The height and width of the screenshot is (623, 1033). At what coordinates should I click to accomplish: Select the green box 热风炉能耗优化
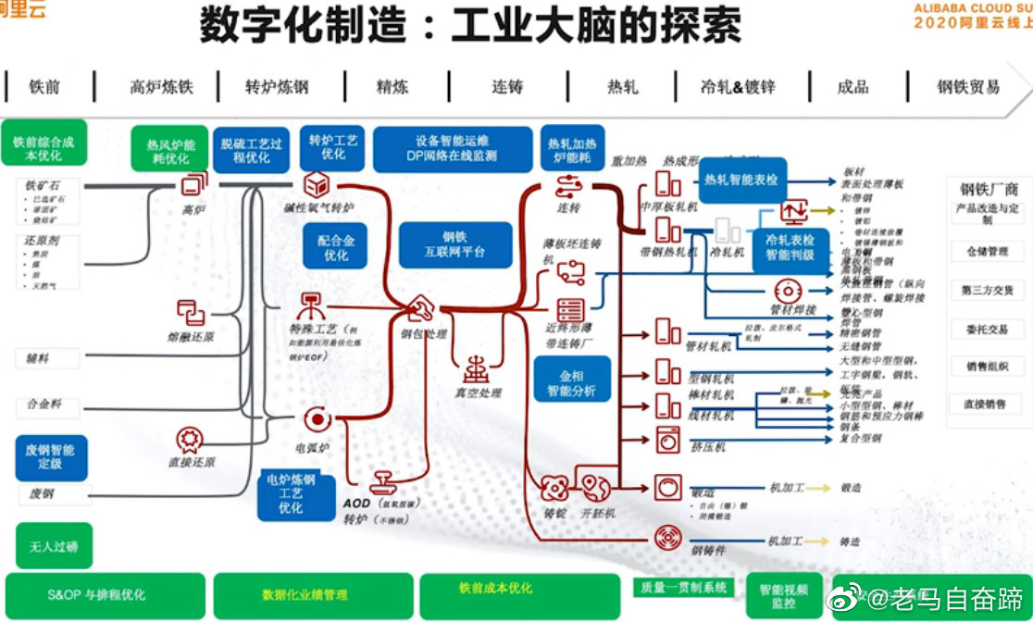click(x=170, y=149)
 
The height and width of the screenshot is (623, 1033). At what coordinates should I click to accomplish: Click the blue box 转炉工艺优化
click(x=333, y=147)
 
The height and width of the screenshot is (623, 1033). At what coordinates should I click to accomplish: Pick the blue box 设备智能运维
click(x=453, y=148)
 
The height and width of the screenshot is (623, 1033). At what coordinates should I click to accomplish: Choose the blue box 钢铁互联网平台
click(x=454, y=244)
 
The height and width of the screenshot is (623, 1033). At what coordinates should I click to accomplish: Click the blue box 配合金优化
click(x=336, y=246)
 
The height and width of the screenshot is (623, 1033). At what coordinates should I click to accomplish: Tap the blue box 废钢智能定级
click(x=51, y=457)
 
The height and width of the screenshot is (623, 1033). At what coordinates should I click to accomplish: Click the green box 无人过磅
click(x=54, y=546)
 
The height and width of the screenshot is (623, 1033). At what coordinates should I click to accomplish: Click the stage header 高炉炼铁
click(x=161, y=87)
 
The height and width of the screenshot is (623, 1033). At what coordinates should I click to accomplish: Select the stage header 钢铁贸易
click(x=968, y=87)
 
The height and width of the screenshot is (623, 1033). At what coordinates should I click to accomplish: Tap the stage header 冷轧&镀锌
click(x=738, y=87)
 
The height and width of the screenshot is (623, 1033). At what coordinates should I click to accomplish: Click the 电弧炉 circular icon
click(x=317, y=419)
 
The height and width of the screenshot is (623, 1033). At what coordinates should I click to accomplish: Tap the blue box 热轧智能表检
click(x=741, y=181)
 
